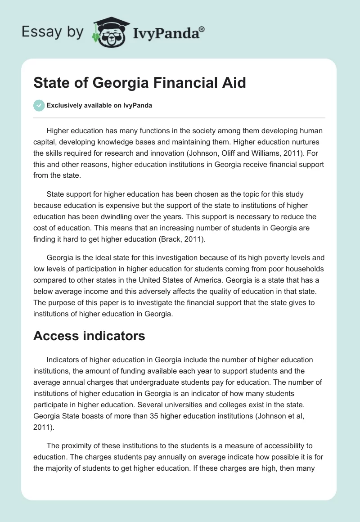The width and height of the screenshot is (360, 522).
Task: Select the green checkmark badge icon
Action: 39,105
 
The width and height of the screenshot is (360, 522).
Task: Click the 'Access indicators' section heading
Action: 89,336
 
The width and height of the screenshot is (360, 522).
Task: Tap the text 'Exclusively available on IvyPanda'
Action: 99,106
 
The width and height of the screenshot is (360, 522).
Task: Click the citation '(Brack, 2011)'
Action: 182,240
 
